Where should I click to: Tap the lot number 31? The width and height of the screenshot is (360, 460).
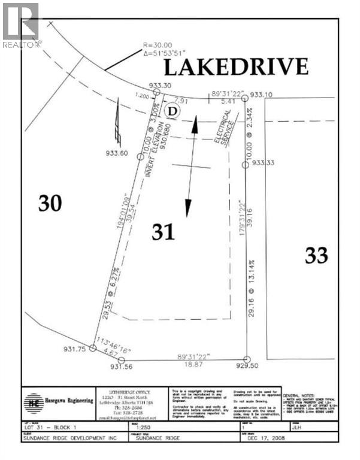pos(163,232)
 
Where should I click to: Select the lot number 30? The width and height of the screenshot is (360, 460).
pos(50,204)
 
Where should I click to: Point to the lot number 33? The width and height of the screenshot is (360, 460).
pos(316,255)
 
